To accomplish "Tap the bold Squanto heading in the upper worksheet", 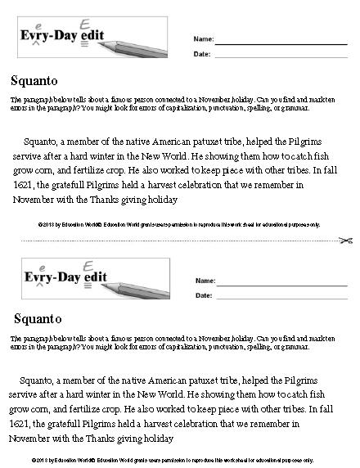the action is (34, 81).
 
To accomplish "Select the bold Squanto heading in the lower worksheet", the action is (42, 317).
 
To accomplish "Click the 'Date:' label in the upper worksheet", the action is (202, 56).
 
